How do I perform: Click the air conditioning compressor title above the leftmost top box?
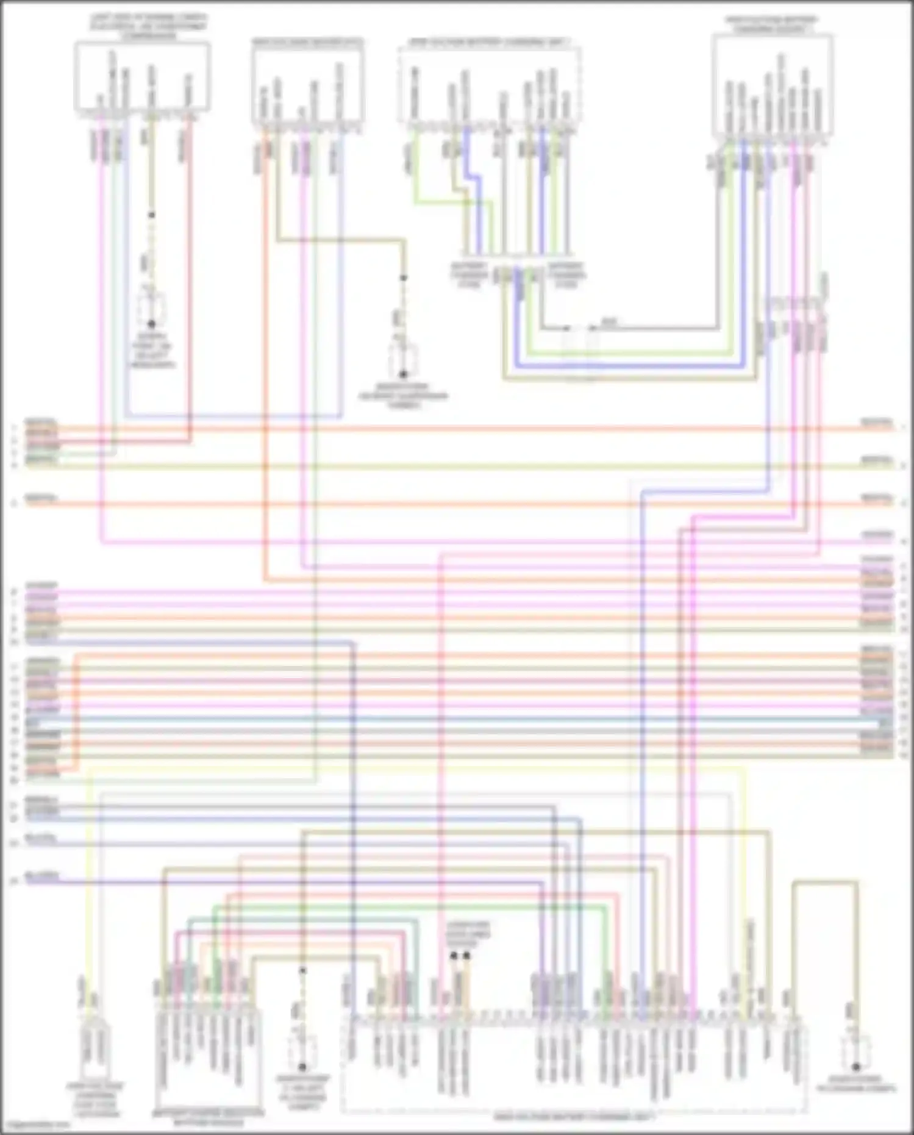(x=149, y=27)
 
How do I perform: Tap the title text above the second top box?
(x=307, y=43)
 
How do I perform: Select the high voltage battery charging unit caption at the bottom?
(x=573, y=1117)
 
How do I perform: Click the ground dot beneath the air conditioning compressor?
(x=151, y=324)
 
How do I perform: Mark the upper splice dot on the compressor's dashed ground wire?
(x=151, y=215)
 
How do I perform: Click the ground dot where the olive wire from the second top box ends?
(x=402, y=374)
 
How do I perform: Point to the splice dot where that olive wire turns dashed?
(x=402, y=278)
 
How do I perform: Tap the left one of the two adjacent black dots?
(x=454, y=956)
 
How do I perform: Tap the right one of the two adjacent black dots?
(x=466, y=956)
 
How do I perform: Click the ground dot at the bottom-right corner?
(x=855, y=1067)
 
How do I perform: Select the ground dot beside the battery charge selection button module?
(x=302, y=1067)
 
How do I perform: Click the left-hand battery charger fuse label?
(x=469, y=275)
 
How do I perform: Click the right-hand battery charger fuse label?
(x=566, y=275)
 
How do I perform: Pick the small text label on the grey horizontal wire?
(x=609, y=321)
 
